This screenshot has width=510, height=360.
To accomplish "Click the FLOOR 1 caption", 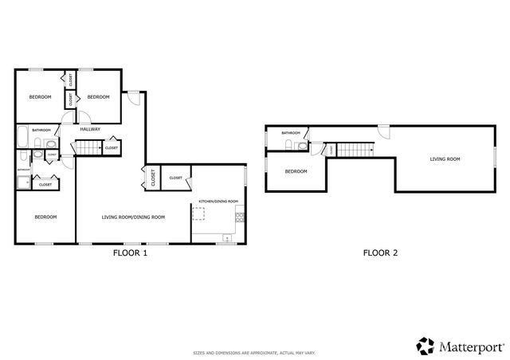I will pos(130,254).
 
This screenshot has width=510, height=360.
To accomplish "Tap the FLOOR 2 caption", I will pos(380,254).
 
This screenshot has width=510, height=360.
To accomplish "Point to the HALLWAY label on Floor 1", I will pos(89,129).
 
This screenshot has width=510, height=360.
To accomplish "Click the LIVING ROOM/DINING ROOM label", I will pos(133,217).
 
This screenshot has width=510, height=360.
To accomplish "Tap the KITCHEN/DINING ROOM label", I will pos(218,202).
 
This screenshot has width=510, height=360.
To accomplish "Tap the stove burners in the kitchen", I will pos(228,237).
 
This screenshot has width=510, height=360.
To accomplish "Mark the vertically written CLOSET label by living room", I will pos(151,178).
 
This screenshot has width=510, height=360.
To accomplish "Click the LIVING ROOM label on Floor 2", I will pos(445,159).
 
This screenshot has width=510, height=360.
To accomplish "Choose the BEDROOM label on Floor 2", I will pos(296,171).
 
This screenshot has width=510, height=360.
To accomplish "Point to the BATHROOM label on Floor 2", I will pos(290,133).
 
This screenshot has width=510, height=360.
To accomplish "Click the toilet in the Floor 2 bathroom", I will pos(288,145).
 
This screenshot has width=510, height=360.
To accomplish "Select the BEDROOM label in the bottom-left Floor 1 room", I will pos(45,217).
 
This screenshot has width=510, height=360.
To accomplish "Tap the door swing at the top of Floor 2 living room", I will pos(383,132).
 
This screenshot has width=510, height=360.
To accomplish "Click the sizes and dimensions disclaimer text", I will pos(254,352).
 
